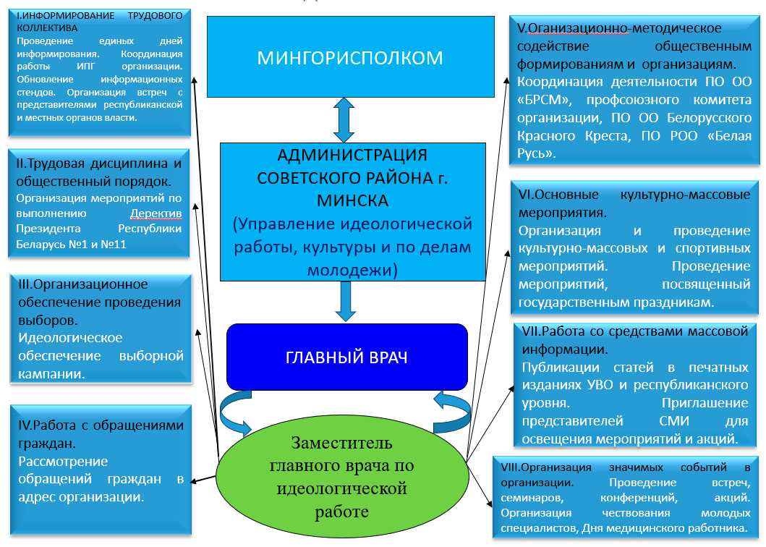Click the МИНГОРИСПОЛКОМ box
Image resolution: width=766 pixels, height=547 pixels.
click(350, 56)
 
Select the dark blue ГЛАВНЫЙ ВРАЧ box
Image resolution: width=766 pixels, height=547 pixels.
click(347, 357)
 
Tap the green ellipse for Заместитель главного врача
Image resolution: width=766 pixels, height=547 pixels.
click(342, 477)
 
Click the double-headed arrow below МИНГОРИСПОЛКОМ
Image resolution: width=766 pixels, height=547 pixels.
click(344, 120)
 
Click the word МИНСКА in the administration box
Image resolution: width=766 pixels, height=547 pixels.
click(353, 200)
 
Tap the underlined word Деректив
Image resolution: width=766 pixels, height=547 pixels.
click(156, 213)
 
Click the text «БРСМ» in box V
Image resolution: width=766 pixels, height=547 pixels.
click(544, 100)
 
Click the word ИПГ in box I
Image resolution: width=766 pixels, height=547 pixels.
click(85, 67)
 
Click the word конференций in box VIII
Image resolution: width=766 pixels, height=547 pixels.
click(639, 498)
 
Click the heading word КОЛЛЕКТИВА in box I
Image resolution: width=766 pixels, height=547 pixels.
click(47, 28)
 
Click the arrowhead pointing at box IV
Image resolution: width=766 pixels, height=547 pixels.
click(193, 481)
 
